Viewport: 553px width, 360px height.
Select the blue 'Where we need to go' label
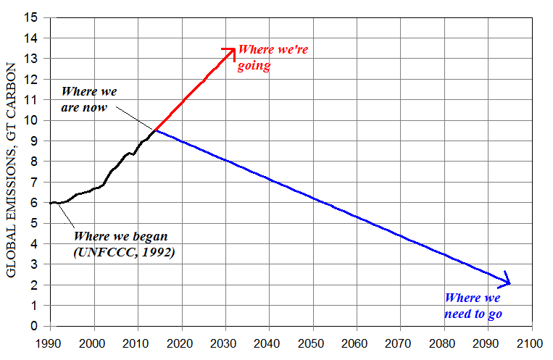(473, 306)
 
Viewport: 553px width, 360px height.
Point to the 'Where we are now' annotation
(89, 100)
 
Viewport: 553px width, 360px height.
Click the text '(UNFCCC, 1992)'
(125, 253)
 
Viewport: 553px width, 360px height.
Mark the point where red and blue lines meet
(155, 130)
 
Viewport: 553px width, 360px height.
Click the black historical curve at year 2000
(93, 189)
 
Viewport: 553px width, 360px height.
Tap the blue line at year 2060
(356, 217)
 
